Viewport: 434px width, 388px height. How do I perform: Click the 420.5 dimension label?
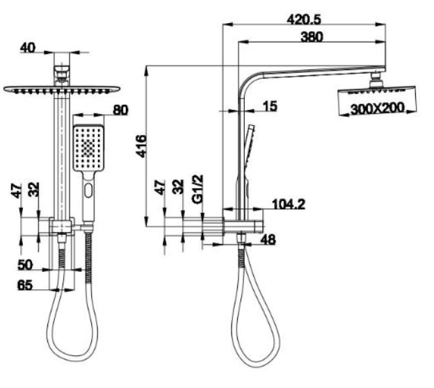(x=304, y=19)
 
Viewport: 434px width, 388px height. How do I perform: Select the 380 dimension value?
(x=312, y=37)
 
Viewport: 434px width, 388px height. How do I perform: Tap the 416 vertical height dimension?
(x=141, y=146)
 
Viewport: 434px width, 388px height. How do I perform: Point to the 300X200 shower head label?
(x=378, y=108)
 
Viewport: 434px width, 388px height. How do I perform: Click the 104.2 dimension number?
(x=289, y=204)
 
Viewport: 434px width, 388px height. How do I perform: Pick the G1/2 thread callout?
(x=198, y=189)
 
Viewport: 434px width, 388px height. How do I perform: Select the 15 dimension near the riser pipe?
(x=270, y=106)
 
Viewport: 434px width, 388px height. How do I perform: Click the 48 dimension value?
(x=268, y=240)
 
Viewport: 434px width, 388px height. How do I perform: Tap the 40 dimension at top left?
(x=28, y=48)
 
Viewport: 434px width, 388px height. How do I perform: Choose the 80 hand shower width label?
(x=121, y=110)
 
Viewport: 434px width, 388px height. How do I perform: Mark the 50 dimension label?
(x=25, y=265)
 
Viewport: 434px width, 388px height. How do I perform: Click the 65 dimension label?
(x=25, y=285)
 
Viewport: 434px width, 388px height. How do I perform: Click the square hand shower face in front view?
(x=88, y=147)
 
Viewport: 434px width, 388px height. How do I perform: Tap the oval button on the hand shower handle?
(x=88, y=190)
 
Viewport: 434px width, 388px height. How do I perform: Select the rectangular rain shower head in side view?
(x=377, y=101)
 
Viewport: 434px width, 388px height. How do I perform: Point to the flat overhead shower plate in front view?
(x=62, y=90)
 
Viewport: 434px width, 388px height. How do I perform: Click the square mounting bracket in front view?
(x=62, y=227)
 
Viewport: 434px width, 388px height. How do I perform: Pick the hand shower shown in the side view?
(x=248, y=163)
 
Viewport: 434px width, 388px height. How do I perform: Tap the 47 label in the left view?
(x=16, y=191)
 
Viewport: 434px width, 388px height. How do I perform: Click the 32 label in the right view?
(x=178, y=187)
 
